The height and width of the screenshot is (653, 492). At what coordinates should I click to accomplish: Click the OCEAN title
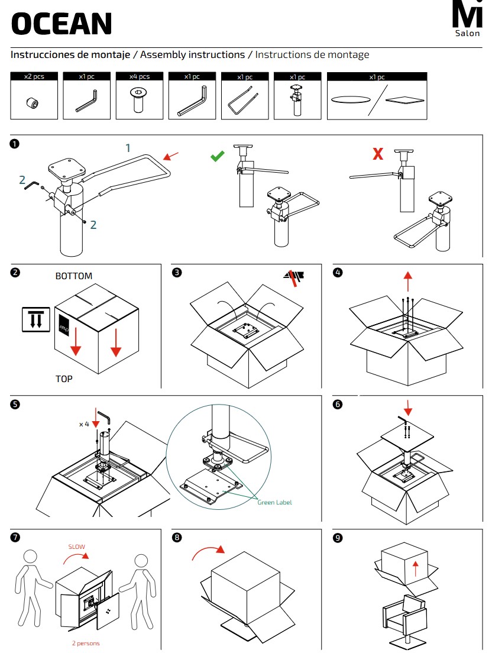[x=61, y=24]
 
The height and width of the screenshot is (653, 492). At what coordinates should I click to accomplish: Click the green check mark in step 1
[x=218, y=156]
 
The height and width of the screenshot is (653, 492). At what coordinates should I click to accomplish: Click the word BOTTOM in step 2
[x=74, y=276]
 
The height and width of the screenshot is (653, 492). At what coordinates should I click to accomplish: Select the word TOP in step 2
[x=64, y=379]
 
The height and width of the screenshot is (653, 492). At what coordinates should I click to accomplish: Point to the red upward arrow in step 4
[x=407, y=278]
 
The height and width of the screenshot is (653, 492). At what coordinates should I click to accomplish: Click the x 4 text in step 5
[x=84, y=424]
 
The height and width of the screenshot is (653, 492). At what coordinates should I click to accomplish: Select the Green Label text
[x=274, y=502]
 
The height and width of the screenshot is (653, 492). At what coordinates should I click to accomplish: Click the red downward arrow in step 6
[x=407, y=407]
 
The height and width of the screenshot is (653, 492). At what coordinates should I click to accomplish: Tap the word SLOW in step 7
[x=76, y=547]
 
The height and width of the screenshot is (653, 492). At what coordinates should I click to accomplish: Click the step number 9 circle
[x=338, y=538]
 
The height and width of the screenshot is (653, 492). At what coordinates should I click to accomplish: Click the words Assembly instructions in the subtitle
[x=192, y=55]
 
